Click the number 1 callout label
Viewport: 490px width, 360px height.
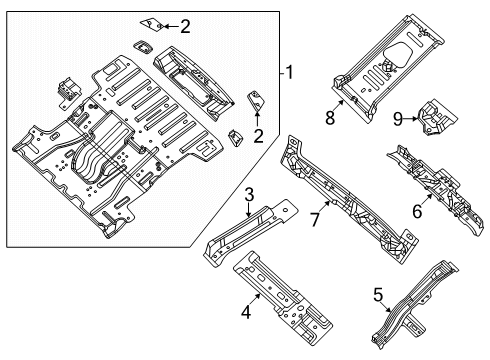(289, 73)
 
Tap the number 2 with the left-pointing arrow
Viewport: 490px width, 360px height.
(184, 27)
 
